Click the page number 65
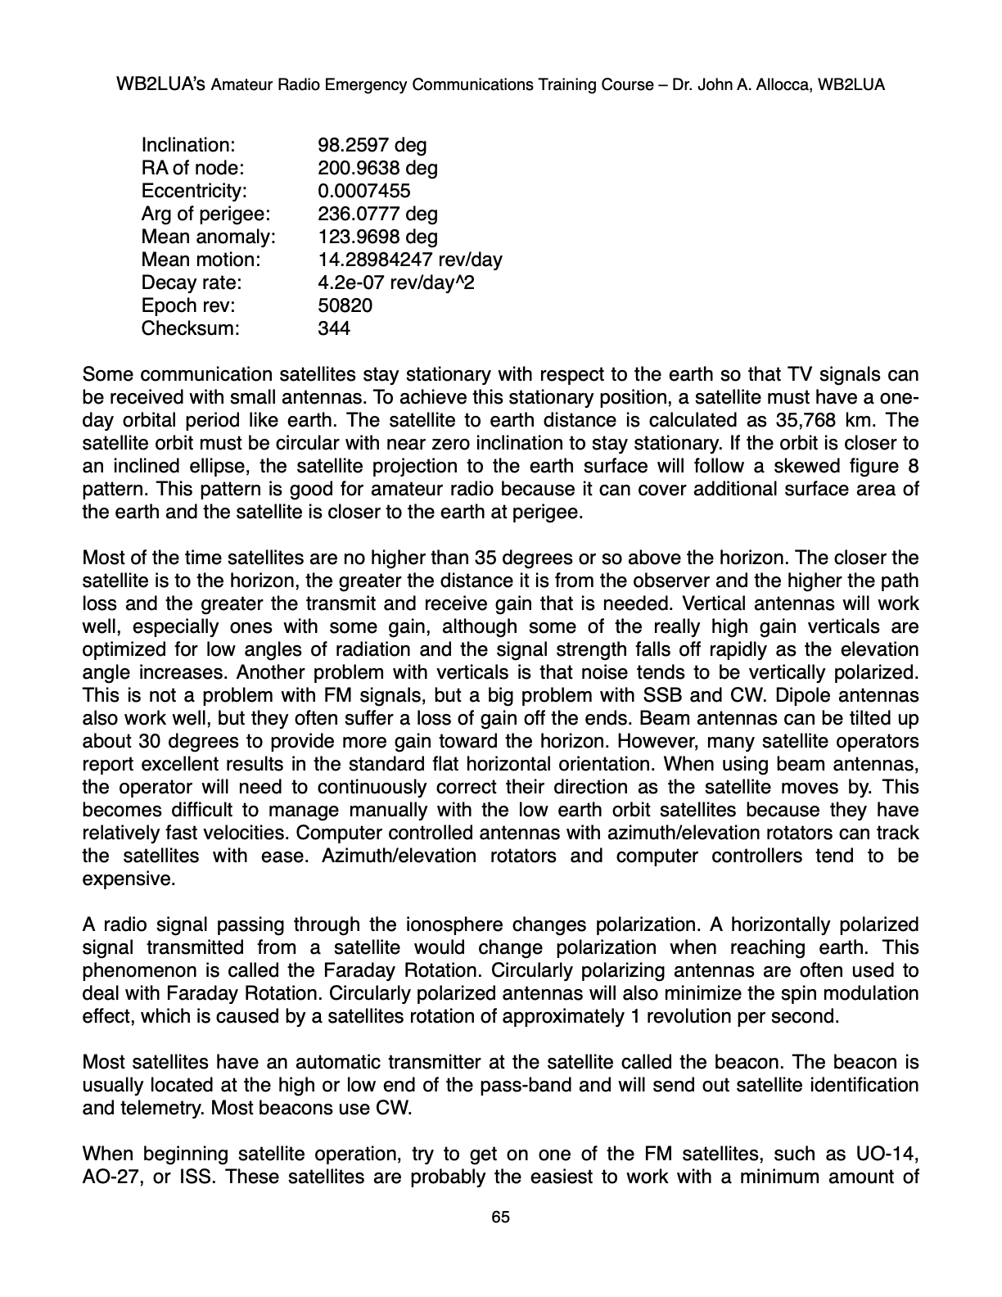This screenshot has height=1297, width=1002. [500, 1218]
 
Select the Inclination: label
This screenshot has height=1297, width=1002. [188, 146]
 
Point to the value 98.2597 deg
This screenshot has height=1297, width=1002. [372, 146]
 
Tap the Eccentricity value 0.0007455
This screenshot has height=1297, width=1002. [363, 192]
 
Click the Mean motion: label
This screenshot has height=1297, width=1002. [201, 260]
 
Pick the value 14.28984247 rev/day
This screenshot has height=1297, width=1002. [409, 260]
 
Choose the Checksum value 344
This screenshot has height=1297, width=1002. [333, 329]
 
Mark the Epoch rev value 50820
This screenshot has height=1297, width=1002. [344, 306]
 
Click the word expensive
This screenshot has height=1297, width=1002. [129, 879]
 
